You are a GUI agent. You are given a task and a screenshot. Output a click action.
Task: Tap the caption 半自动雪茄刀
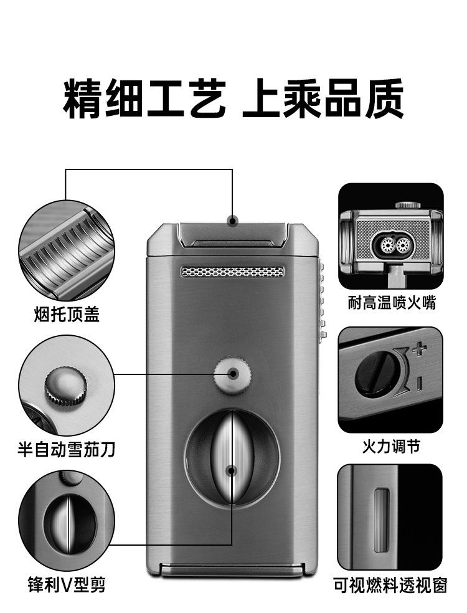pos(66,448)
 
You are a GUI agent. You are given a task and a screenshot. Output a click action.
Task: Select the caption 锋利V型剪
pos(66,584)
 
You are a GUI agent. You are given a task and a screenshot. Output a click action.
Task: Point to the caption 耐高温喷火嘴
pos(392,303)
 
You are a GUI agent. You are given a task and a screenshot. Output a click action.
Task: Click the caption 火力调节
pos(391,446)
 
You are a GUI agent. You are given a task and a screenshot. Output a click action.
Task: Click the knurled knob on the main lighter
pos(233,373)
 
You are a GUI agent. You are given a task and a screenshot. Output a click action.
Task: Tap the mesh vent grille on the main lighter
pos(233,272)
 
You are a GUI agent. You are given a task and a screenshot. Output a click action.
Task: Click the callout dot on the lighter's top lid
pos(232,220)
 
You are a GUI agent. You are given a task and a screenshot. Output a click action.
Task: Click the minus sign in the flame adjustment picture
pos(420,380)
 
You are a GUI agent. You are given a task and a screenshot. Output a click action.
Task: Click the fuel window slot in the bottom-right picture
pos(381,520)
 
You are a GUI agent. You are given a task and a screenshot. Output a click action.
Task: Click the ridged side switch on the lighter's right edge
pos(322,299)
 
